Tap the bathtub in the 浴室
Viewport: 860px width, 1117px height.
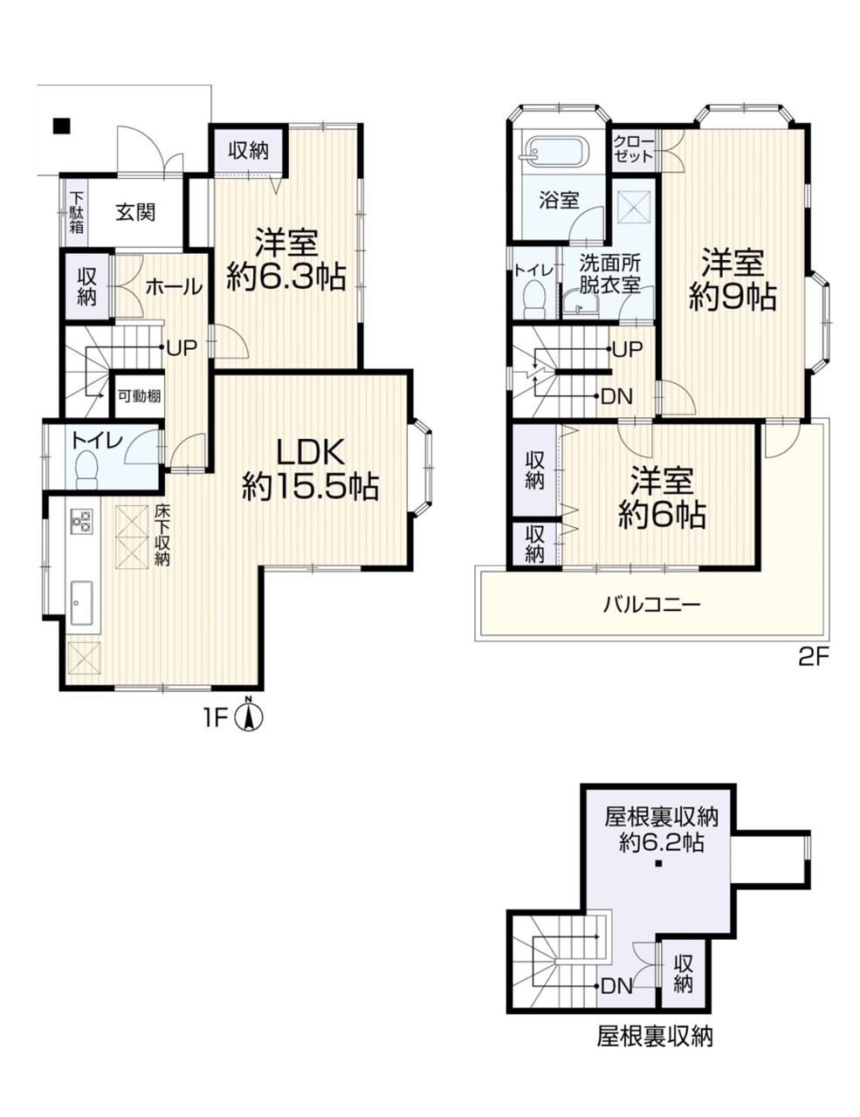(x=555, y=150)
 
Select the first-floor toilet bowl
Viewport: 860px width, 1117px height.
(x=86, y=469)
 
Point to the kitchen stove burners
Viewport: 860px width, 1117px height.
(x=80, y=520)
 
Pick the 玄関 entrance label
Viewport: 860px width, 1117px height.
(x=135, y=212)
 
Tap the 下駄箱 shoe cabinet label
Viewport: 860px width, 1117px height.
(x=76, y=212)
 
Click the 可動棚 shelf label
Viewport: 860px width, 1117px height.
(x=140, y=396)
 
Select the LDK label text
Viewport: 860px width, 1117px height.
(x=310, y=453)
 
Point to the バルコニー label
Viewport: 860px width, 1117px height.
(x=651, y=604)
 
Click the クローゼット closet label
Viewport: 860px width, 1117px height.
(x=633, y=148)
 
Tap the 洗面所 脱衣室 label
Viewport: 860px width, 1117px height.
(x=609, y=275)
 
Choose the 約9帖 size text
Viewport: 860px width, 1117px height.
(x=733, y=296)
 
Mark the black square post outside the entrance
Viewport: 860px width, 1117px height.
(x=61, y=127)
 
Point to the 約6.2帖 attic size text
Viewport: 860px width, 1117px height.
(x=660, y=842)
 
